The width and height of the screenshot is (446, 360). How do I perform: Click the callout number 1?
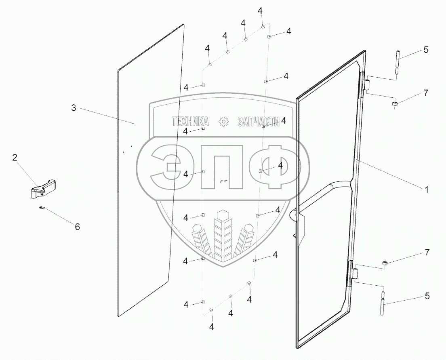pyautogui.click(x=427, y=189)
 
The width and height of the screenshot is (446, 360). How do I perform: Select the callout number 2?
pyautogui.click(x=15, y=158)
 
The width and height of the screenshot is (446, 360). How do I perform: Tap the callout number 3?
pyautogui.click(x=74, y=108)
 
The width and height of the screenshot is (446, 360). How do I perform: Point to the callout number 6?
pyautogui.click(x=76, y=227)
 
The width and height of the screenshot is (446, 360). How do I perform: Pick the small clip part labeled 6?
pyautogui.click(x=42, y=208)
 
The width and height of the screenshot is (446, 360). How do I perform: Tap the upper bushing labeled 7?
pyautogui.click(x=395, y=105)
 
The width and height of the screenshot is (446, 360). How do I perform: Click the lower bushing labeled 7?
pyautogui.click(x=385, y=264)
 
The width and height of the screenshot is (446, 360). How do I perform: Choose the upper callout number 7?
pyautogui.click(x=425, y=93)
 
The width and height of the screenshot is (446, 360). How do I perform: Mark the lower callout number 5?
pyautogui.click(x=427, y=296)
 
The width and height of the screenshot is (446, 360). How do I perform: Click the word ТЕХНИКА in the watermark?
pyautogui.click(x=190, y=122)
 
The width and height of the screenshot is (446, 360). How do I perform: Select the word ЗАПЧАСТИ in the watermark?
pyautogui.click(x=259, y=122)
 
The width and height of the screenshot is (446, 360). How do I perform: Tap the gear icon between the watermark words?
pyautogui.click(x=223, y=122)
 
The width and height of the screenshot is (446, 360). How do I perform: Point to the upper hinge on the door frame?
pyautogui.click(x=367, y=85)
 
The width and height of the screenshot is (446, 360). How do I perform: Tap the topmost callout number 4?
pyautogui.click(x=260, y=11)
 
